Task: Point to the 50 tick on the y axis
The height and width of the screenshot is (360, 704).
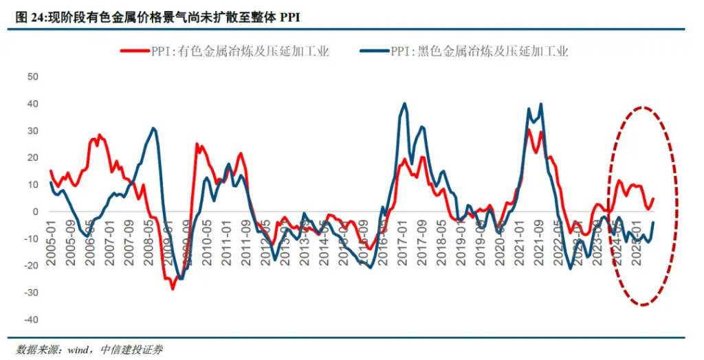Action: [32, 76]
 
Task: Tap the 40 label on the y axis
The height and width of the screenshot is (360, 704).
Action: [32, 104]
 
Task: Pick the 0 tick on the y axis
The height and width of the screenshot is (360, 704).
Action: [34, 212]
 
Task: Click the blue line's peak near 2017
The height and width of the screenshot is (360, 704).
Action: [404, 104]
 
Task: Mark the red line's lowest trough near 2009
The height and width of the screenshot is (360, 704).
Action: [173, 289]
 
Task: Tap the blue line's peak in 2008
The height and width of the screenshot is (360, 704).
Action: [153, 128]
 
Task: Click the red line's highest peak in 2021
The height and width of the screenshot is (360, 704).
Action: [529, 130]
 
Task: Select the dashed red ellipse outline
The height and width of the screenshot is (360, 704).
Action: [678, 206]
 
